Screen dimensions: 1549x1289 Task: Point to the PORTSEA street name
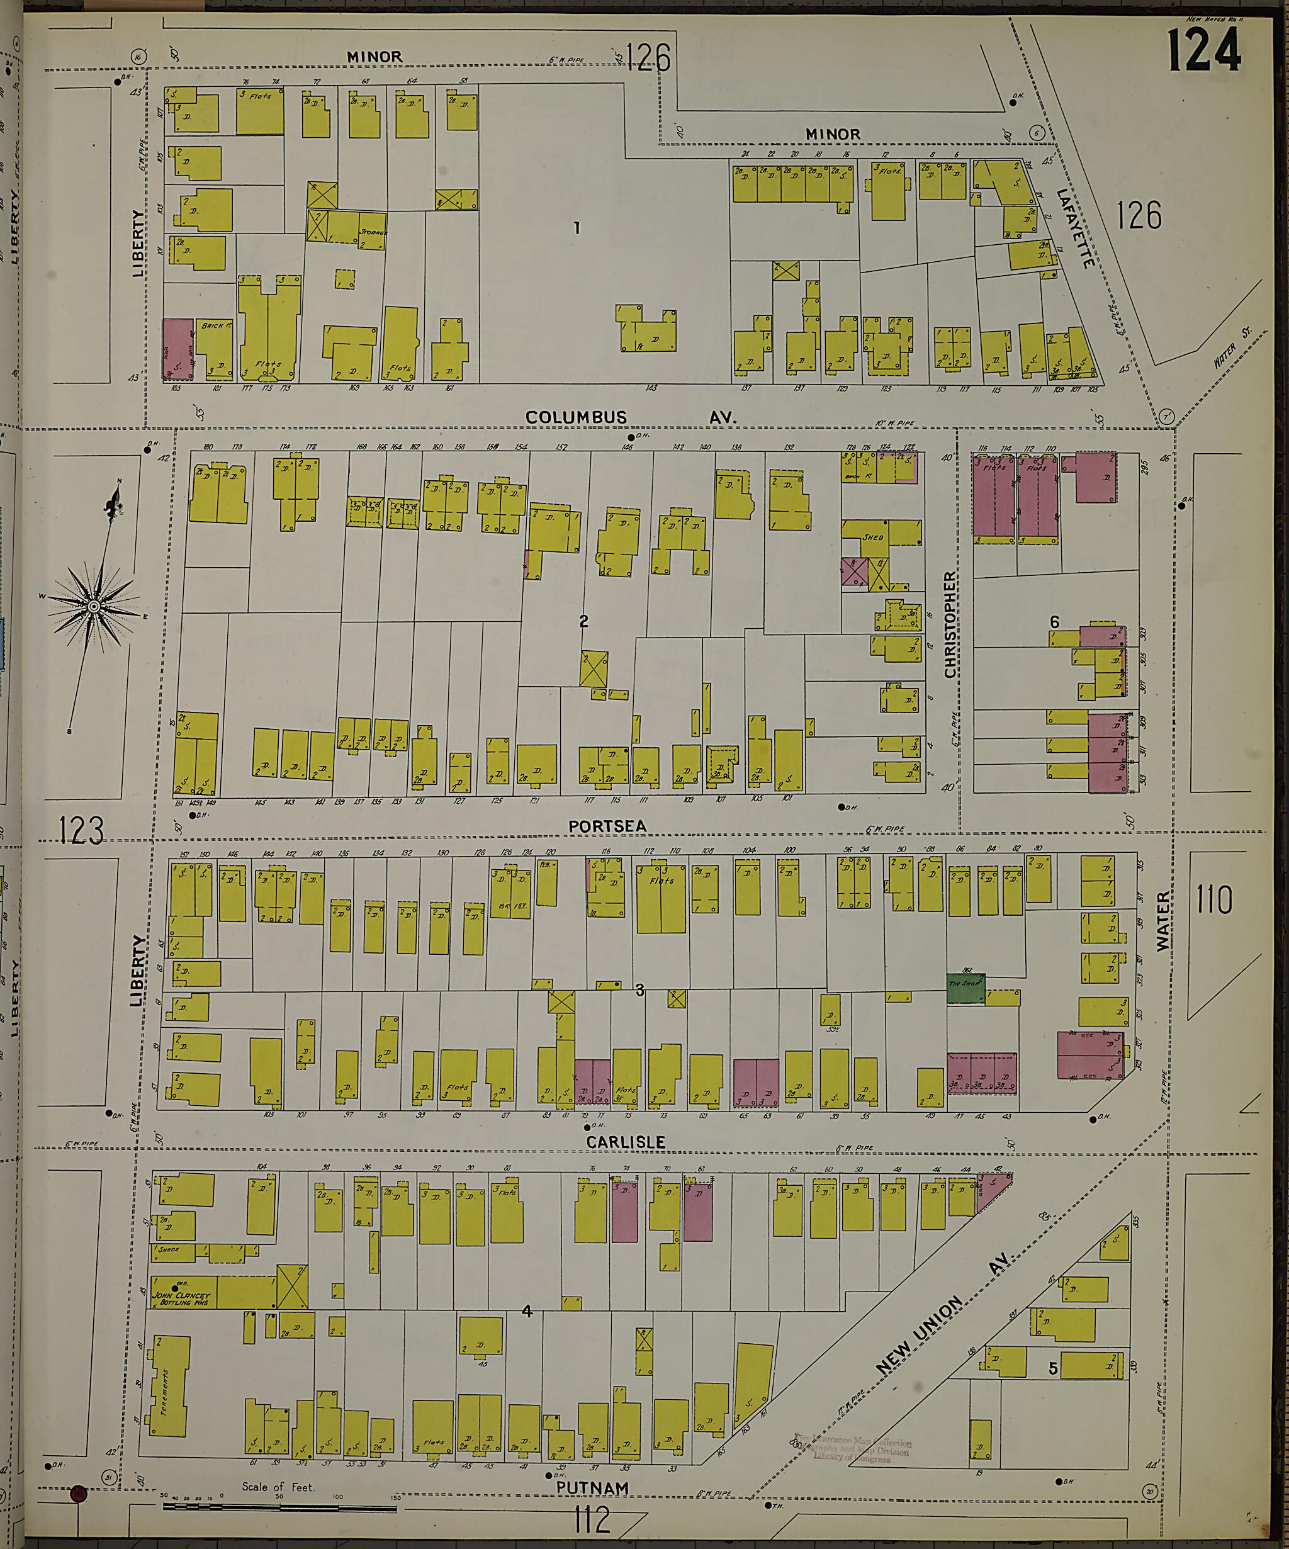tap(607, 826)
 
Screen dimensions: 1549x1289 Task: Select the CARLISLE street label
tap(626, 1142)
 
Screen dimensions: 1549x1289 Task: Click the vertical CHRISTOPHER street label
tap(950, 624)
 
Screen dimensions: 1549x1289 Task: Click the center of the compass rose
tap(93, 606)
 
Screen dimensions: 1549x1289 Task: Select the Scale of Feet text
tap(278, 1486)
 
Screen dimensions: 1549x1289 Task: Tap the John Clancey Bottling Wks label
tap(181, 1297)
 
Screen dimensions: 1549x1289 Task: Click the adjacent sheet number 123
tap(81, 831)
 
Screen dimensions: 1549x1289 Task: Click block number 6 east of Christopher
tap(1054, 622)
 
